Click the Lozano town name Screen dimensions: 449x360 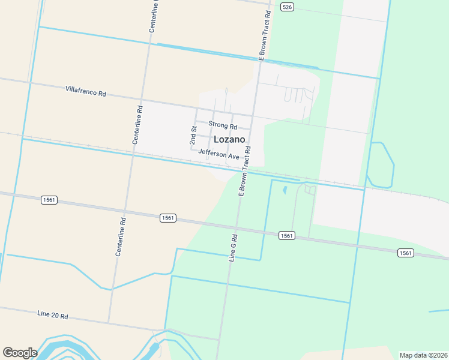click(229, 139)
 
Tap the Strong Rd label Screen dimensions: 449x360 click(223, 125)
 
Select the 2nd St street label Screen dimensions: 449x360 click(193, 136)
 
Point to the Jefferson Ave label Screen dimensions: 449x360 click(218, 154)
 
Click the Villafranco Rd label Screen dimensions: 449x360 click(86, 91)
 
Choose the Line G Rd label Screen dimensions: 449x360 click(234, 248)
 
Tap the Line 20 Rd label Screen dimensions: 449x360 click(53, 315)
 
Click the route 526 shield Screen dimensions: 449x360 click(287, 7)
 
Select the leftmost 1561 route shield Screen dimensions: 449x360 click(49, 199)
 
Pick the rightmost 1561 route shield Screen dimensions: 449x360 click(406, 253)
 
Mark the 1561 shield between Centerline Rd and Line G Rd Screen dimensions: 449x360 click(168, 218)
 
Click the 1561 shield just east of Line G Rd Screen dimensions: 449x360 click(286, 236)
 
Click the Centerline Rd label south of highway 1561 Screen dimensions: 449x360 click(121, 236)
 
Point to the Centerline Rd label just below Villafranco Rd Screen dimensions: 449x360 click(137, 125)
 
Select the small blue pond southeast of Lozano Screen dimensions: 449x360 click(284, 190)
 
